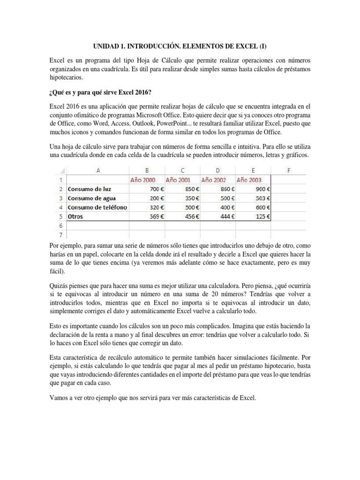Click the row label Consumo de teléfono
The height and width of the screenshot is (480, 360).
[97, 207]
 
